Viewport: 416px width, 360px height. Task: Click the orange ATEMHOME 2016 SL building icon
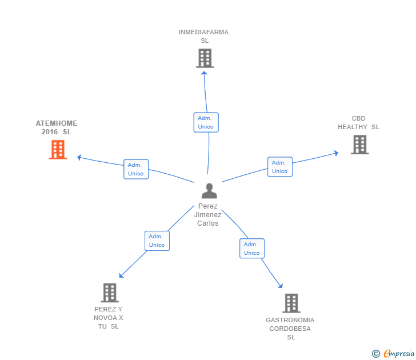pyautogui.click(x=58, y=149)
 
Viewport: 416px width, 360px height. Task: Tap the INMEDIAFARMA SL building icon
pyautogui.click(x=205, y=58)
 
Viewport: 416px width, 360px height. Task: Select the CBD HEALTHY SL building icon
pyautogui.click(x=359, y=145)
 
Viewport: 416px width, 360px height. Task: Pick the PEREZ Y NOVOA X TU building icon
pyautogui.click(x=109, y=293)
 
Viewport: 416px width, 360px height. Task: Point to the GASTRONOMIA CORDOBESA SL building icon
pyautogui.click(x=291, y=303)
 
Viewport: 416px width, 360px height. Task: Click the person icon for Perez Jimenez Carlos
pyautogui.click(x=209, y=191)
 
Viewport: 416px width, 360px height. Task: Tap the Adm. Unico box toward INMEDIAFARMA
pyautogui.click(x=206, y=122)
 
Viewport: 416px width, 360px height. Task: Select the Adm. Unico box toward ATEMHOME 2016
pyautogui.click(x=136, y=169)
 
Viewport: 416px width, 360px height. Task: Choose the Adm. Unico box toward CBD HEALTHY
pyautogui.click(x=279, y=167)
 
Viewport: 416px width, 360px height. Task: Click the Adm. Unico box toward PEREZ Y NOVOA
pyautogui.click(x=157, y=241)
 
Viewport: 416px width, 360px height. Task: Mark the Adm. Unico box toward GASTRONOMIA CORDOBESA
pyautogui.click(x=251, y=249)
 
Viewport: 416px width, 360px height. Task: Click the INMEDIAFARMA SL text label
pyautogui.click(x=204, y=37)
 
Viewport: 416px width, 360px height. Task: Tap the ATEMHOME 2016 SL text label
pyautogui.click(x=57, y=127)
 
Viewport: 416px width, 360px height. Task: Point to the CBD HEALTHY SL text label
pyautogui.click(x=358, y=123)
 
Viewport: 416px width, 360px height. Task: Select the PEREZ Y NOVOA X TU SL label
pyautogui.click(x=109, y=318)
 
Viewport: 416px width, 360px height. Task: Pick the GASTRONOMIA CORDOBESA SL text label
pyautogui.click(x=290, y=329)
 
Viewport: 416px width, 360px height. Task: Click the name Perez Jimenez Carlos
pyautogui.click(x=208, y=215)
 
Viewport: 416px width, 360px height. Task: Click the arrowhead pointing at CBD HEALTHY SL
pyautogui.click(x=336, y=153)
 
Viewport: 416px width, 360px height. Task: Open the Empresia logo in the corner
pyautogui.click(x=394, y=353)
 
